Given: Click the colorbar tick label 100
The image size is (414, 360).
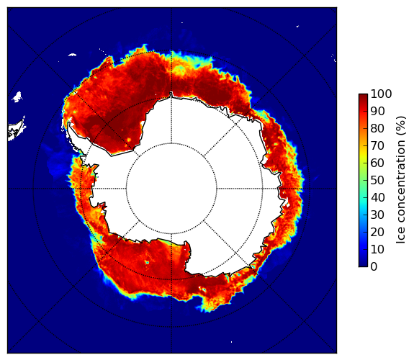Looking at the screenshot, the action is (x=382, y=94).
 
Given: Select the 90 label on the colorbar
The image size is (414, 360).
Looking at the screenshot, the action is (x=377, y=111).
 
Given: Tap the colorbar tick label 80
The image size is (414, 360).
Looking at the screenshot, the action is (x=377, y=129).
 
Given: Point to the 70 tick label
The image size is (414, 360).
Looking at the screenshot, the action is (x=377, y=145).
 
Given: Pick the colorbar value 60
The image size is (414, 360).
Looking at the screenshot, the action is (x=377, y=163).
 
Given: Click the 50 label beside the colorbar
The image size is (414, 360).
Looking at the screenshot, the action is (x=377, y=181).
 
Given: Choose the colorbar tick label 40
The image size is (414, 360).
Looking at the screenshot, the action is (x=377, y=197).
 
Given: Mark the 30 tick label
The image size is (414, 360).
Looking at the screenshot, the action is (x=377, y=215).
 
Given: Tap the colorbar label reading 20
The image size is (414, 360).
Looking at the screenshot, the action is (x=377, y=232).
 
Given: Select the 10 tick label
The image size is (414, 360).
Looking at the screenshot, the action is (x=377, y=249).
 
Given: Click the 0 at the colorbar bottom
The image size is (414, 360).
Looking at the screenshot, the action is (x=374, y=267).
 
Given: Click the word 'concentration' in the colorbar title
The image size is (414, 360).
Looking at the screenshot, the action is (x=401, y=184).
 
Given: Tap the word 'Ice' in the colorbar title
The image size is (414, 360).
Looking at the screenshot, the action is (x=401, y=238).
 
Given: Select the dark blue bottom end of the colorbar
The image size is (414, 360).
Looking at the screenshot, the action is (x=363, y=266).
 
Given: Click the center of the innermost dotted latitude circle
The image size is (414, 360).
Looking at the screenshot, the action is (x=171, y=189).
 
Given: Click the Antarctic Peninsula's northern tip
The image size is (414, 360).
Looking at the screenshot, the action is (x=69, y=123).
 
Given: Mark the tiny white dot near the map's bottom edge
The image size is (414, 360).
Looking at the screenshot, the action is (x=231, y=342).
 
